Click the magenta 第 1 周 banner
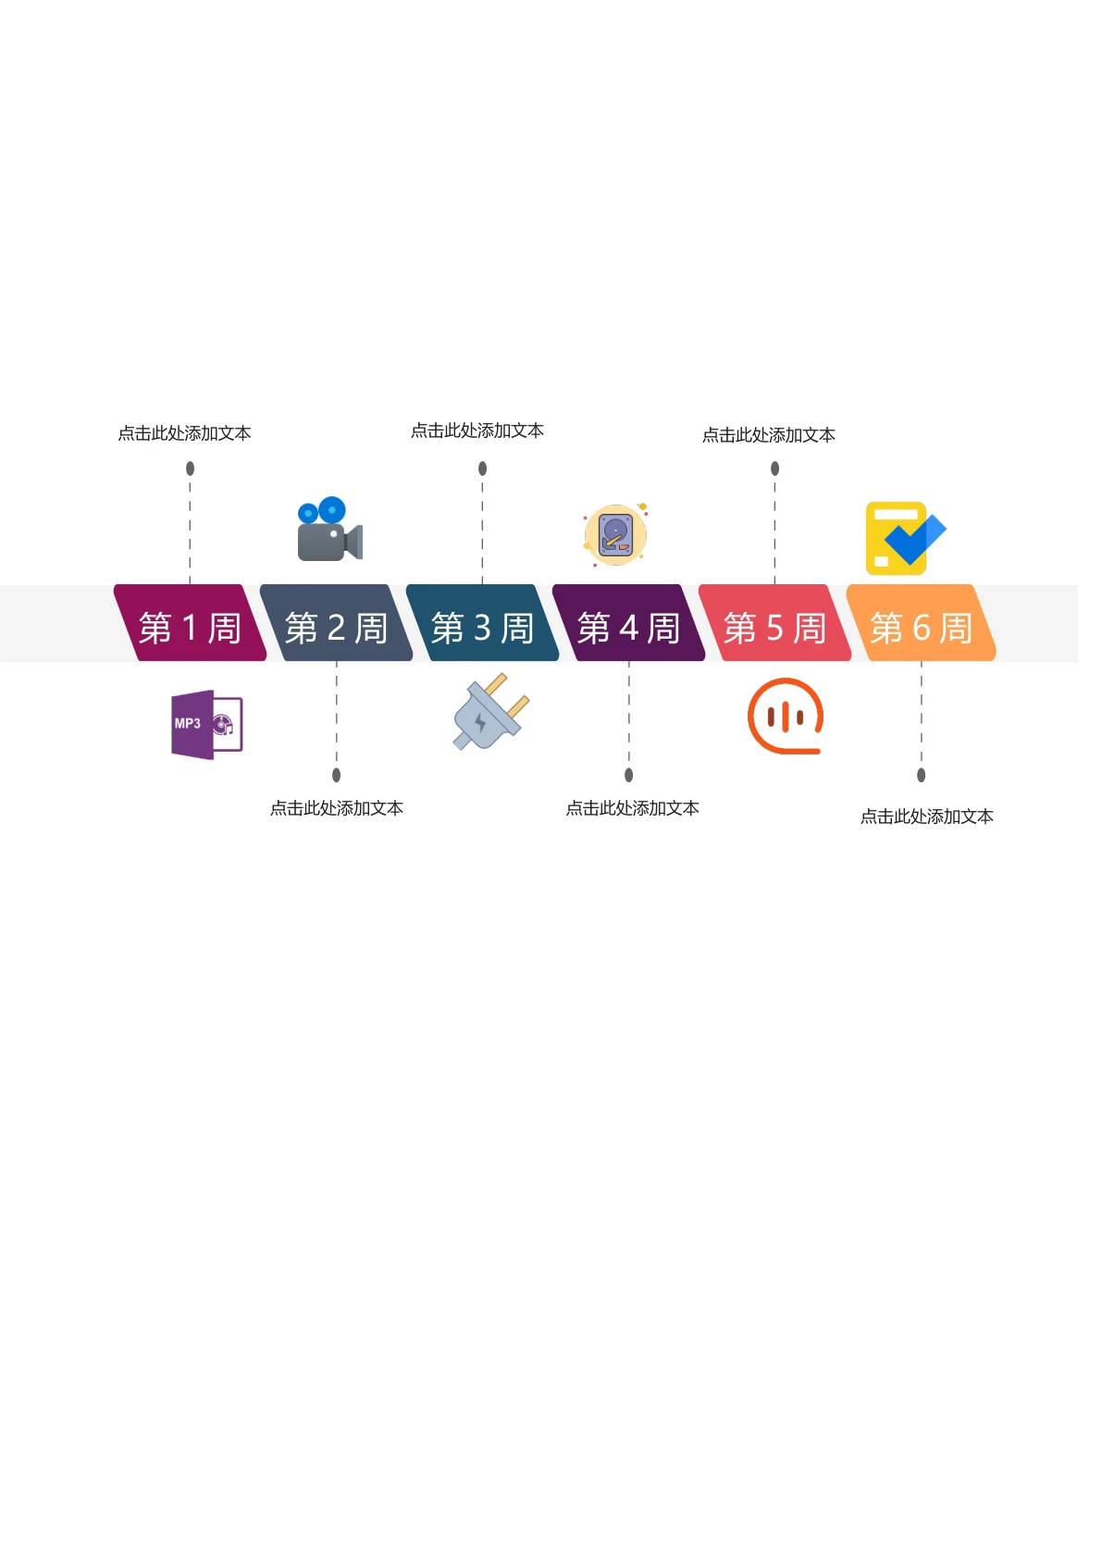[190, 623]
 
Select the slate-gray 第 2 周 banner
[336, 623]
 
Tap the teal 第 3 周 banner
[482, 623]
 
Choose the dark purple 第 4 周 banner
[628, 623]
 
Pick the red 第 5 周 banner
[774, 623]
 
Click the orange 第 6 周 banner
[922, 623]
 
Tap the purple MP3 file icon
[206, 725]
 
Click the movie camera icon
[329, 529]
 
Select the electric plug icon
[490, 711]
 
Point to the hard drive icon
[615, 534]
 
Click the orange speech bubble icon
[786, 717]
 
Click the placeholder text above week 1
[184, 433]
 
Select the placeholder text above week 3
[477, 430]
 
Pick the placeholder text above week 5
[769, 436]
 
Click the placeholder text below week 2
[337, 809]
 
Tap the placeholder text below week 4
[632, 809]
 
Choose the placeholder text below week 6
[927, 817]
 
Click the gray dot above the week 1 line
[190, 468]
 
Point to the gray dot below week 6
[922, 775]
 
